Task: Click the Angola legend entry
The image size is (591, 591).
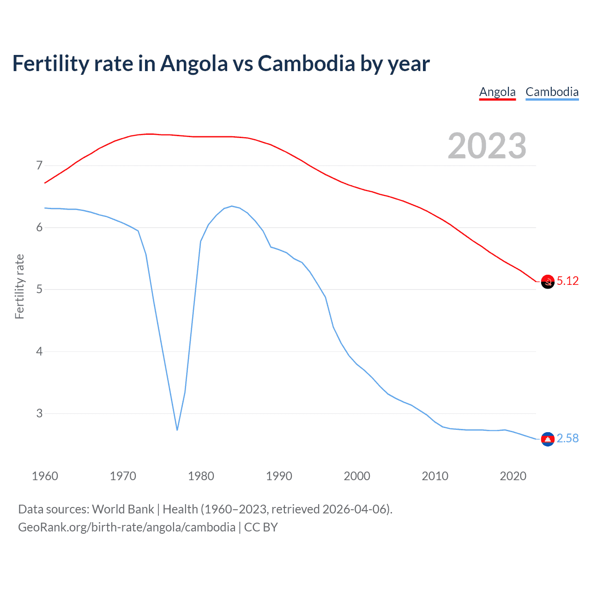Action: click(497, 92)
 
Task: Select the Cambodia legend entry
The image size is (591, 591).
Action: click(552, 92)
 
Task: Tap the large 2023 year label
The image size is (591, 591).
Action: click(487, 146)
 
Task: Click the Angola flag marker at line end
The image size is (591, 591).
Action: click(548, 282)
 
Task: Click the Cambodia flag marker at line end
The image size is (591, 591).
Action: click(548, 439)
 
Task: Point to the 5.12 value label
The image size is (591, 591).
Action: click(567, 281)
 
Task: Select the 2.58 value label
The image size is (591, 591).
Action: click(567, 438)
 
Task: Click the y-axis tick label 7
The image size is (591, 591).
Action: click(39, 165)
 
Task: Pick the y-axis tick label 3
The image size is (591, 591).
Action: click(39, 413)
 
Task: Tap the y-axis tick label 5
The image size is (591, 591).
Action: click(39, 289)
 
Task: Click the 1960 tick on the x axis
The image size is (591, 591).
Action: click(45, 476)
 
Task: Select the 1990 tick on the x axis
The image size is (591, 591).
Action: click(279, 476)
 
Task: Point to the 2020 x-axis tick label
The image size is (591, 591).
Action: click(513, 476)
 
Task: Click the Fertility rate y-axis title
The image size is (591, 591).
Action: click(19, 286)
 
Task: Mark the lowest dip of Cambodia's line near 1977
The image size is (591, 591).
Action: click(177, 430)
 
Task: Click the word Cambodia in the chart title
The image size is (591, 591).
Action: click(306, 63)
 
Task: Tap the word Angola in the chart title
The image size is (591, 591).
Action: click(194, 63)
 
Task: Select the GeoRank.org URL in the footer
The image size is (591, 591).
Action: click(127, 527)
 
